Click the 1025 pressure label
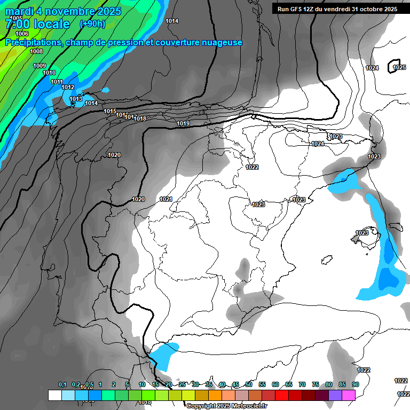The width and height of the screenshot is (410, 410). (x=399, y=67)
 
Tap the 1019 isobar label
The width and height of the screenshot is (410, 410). (x=183, y=124)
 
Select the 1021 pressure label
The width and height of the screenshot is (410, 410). (x=166, y=200)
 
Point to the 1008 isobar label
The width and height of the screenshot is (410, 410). (x=36, y=51)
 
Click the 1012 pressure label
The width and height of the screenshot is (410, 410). (x=68, y=87)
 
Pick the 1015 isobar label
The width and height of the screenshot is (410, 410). (x=110, y=111)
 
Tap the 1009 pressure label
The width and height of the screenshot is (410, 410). (x=40, y=66)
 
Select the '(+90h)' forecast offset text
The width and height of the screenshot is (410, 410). (x=92, y=24)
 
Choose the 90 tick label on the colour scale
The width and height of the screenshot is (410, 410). (x=355, y=384)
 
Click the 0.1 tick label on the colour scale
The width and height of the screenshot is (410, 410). (x=62, y=384)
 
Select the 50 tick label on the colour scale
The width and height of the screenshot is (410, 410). (x=249, y=384)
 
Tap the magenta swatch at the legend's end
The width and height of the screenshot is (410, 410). (x=349, y=395)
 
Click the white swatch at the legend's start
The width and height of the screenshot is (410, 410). (x=54, y=395)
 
